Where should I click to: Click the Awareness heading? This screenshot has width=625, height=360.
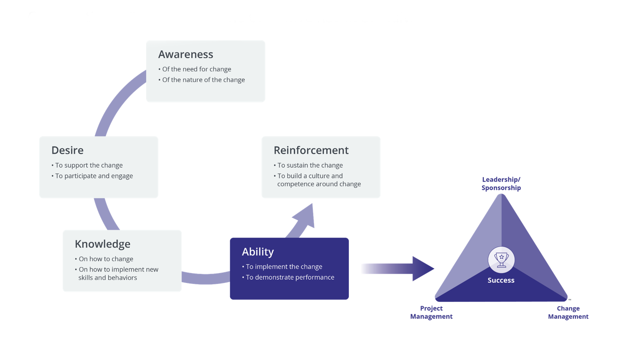click(185, 54)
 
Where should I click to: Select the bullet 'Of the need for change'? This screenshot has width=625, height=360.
click(197, 69)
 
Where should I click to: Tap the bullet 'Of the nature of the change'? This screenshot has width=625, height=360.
click(203, 80)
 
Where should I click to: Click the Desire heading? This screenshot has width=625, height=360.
click(67, 150)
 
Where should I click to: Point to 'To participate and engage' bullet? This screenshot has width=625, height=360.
click(94, 176)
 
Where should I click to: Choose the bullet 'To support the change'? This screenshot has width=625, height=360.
click(89, 165)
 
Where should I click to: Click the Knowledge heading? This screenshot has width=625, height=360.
click(102, 244)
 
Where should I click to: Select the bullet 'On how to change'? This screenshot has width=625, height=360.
click(106, 259)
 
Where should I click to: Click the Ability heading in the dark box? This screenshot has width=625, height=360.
click(258, 252)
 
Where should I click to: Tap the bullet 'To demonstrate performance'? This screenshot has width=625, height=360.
click(290, 277)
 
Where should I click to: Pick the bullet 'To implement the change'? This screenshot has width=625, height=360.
click(284, 267)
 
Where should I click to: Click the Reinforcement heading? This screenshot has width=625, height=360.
click(311, 150)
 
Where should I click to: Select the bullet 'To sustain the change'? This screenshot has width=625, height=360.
click(310, 165)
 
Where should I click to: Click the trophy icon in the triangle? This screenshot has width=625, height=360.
click(501, 259)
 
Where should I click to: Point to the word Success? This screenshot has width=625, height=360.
click(501, 280)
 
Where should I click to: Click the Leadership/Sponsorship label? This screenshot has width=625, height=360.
click(501, 184)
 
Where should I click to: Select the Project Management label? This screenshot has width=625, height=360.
click(431, 313)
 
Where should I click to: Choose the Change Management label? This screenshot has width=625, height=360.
click(568, 313)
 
